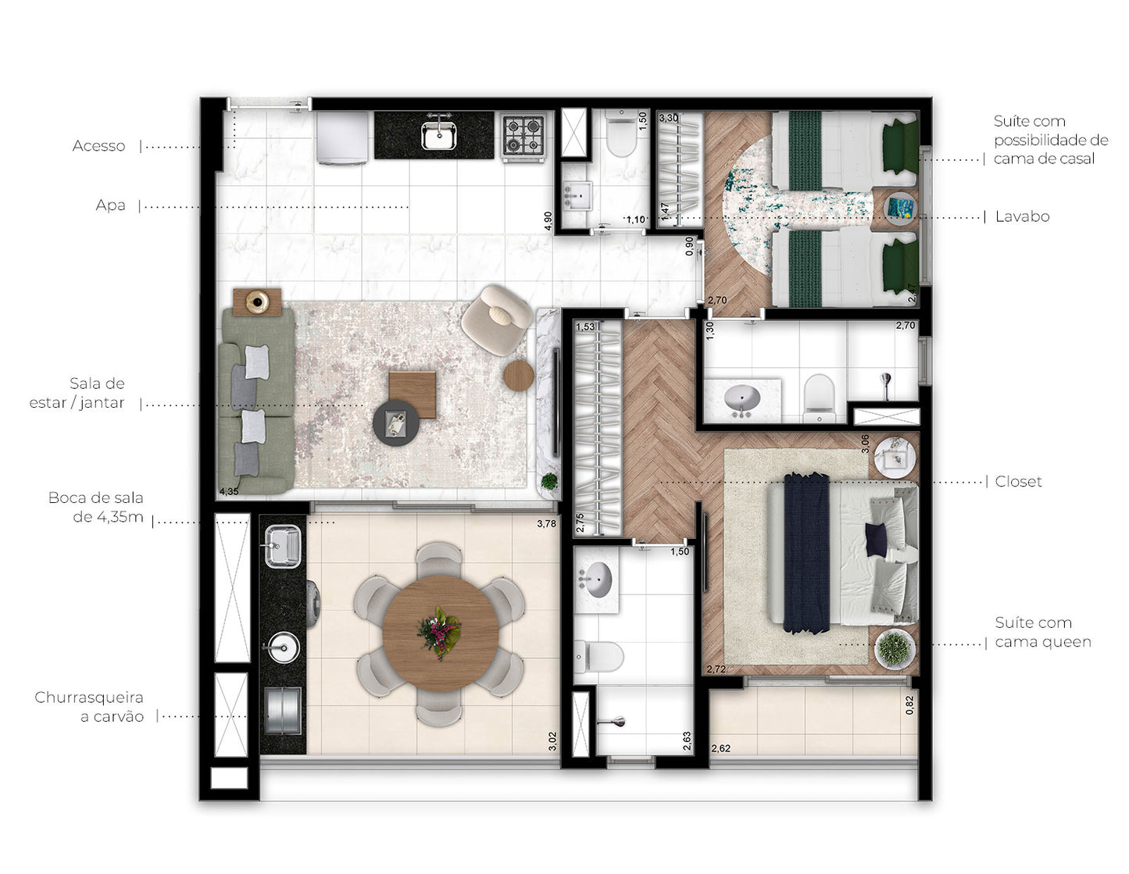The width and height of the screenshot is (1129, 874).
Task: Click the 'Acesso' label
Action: tap(98, 146)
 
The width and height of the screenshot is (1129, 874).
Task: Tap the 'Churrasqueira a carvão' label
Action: tap(89, 707)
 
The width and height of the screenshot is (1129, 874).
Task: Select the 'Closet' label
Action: tap(1018, 482)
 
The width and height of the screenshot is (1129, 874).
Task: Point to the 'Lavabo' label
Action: tap(1022, 216)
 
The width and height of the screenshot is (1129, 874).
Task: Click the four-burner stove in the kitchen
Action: tap(523, 136)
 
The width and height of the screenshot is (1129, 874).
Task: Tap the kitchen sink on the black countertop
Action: tap(439, 134)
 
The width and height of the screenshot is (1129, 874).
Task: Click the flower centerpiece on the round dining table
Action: tap(439, 633)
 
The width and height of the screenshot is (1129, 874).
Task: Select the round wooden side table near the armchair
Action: tap(518, 375)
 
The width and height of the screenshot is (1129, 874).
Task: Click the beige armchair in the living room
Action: tap(497, 319)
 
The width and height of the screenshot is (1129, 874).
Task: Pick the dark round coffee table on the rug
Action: tap(396, 423)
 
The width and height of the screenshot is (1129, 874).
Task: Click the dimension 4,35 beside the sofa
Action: tap(229, 491)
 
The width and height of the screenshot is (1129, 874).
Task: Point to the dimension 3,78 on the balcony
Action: tap(547, 524)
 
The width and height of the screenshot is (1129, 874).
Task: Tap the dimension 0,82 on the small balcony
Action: tap(909, 705)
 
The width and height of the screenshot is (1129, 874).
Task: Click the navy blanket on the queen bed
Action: tap(806, 553)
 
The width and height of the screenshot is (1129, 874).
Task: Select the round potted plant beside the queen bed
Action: tap(894, 648)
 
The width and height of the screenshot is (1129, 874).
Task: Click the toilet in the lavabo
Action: tap(621, 134)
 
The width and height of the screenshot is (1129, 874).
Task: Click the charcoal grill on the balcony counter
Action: tap(283, 710)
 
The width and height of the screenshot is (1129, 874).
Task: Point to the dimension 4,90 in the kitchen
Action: tap(548, 221)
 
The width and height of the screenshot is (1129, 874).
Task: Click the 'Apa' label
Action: tap(110, 205)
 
